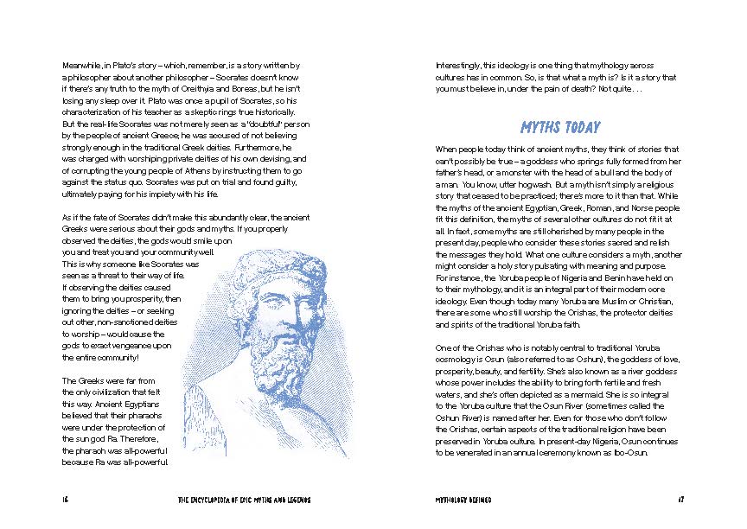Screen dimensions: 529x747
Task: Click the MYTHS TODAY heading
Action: (560, 128)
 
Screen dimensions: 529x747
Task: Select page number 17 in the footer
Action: (680, 500)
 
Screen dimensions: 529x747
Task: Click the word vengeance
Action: (134, 344)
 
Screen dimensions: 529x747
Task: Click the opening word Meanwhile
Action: (83, 66)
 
